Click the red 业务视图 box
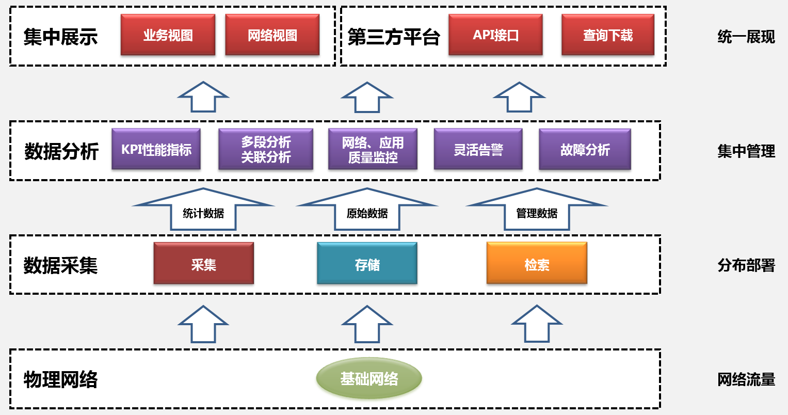tap(168, 35)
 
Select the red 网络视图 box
tap(272, 35)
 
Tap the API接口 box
tap(495, 35)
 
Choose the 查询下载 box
tap(608, 35)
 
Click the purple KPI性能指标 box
tap(156, 150)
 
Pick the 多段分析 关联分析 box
tap(266, 150)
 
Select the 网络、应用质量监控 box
tap(373, 150)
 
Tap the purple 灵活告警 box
tap(478, 150)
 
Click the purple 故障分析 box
tap(585, 150)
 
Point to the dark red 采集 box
tap(204, 264)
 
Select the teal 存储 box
tap(367, 264)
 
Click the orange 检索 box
tap(537, 264)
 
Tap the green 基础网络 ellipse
tap(369, 379)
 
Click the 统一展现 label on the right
tap(746, 37)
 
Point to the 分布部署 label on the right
tap(746, 265)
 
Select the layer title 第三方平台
tap(393, 37)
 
